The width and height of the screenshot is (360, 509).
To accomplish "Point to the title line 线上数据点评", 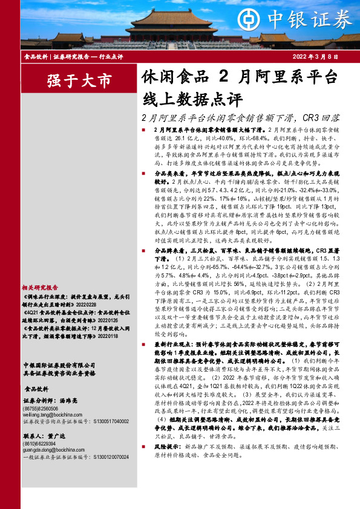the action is [x=192, y=99].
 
